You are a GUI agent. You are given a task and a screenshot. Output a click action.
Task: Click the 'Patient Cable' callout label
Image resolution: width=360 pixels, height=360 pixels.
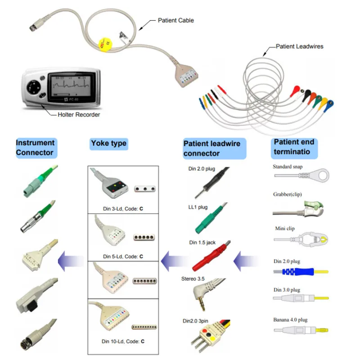(x=176, y=20)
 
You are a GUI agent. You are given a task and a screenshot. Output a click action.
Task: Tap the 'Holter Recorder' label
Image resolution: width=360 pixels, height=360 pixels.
(x=79, y=115)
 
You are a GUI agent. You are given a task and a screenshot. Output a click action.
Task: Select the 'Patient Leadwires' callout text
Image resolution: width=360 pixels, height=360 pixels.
(x=299, y=46)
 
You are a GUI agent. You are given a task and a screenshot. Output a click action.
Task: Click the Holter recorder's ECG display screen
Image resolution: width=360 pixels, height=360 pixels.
(x=71, y=84)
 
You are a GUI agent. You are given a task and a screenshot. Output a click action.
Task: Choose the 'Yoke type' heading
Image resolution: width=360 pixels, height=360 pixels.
(x=108, y=144)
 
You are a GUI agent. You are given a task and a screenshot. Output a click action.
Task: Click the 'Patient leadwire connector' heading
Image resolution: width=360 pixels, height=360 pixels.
(x=211, y=148)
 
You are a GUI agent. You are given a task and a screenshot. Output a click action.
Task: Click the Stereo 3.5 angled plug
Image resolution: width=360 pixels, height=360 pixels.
(x=201, y=297)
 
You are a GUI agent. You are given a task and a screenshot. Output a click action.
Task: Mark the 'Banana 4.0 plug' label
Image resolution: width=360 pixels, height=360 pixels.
(x=290, y=320)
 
